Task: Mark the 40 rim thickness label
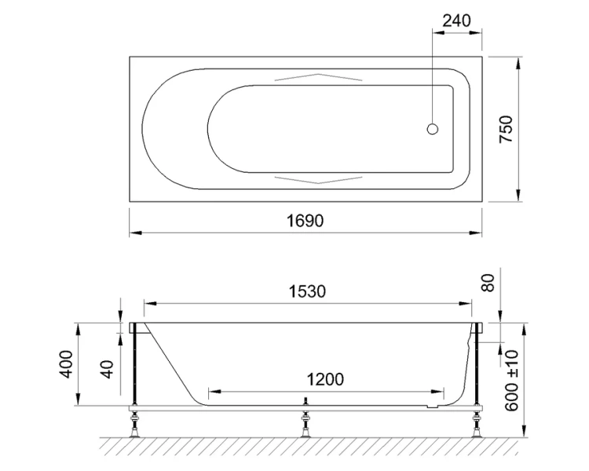[109, 367]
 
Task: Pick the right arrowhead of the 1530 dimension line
[472, 302]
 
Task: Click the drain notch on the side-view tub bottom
[428, 407]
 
